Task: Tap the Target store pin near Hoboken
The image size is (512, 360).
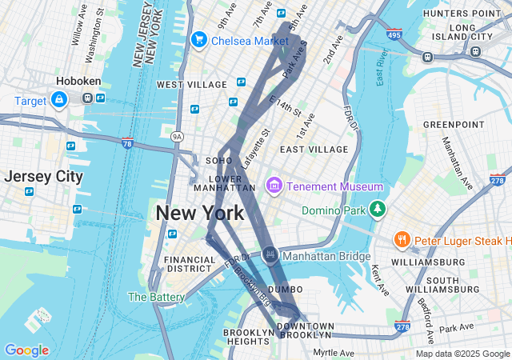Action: tap(58, 99)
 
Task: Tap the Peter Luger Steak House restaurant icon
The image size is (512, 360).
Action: tap(402, 239)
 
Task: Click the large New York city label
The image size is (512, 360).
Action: tap(199, 213)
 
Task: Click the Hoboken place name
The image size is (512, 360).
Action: tap(77, 82)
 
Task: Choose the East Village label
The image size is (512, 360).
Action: tap(314, 150)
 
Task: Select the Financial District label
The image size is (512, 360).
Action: tap(190, 264)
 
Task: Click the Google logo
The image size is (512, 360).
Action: tap(26, 350)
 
